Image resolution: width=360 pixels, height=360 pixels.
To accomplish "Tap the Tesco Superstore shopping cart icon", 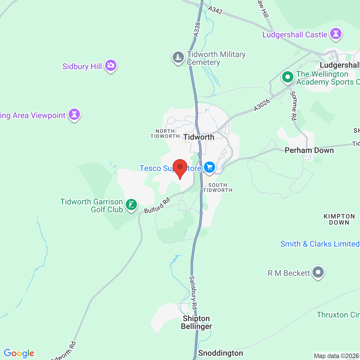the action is (x=209, y=167).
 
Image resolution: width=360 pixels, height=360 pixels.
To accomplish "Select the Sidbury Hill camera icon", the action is (x=111, y=66).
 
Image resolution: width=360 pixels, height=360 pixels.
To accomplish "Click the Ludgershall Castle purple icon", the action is (x=336, y=34).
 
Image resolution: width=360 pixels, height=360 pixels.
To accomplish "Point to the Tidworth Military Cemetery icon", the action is (x=178, y=57).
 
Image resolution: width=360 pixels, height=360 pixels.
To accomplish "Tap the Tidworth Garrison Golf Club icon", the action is (x=131, y=205).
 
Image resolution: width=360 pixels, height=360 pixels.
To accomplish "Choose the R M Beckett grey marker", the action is (x=318, y=272).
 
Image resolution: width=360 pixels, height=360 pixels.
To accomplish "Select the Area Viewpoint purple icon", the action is (x=74, y=114).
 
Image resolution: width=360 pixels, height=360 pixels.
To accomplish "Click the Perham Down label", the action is (x=309, y=150).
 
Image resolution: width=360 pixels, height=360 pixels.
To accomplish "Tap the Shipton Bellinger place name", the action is (x=196, y=322).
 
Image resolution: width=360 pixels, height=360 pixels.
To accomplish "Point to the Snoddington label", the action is (x=220, y=353).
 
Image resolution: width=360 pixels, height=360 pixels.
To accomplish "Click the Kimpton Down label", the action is (x=339, y=219).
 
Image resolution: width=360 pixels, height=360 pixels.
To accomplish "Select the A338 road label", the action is (x=197, y=29).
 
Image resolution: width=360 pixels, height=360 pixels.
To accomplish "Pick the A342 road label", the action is (x=215, y=10).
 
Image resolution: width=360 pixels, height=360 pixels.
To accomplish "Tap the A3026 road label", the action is (x=262, y=105).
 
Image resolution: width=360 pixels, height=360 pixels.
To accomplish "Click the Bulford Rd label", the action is (x=157, y=206).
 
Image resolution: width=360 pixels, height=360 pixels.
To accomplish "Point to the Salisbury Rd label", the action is (x=193, y=292).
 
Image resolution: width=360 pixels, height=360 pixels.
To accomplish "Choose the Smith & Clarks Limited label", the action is (x=320, y=244).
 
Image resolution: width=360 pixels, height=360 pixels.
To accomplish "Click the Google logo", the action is (x=19, y=353).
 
